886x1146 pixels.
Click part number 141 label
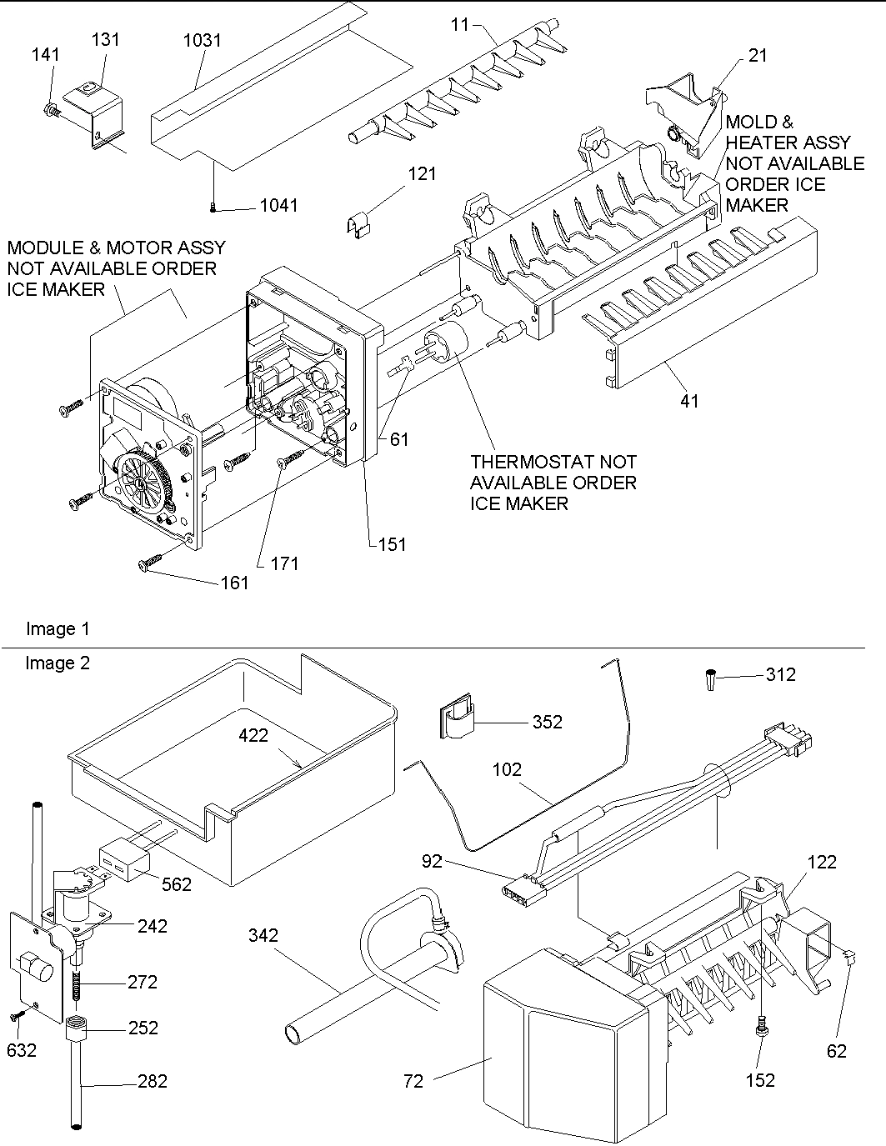(46, 54)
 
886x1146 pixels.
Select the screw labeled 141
(50, 108)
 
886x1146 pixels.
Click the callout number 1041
(278, 205)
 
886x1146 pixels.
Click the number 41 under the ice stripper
(689, 401)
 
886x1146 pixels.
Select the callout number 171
(283, 563)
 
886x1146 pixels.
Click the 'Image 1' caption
(58, 629)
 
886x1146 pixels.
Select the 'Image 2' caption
(58, 663)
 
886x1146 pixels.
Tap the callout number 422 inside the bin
(253, 735)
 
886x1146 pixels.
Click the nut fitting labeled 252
(78, 1031)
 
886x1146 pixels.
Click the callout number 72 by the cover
(413, 1081)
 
